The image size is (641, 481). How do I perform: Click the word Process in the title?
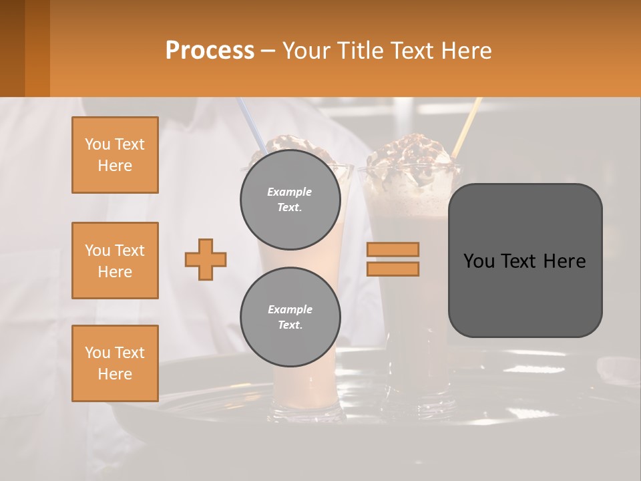pyautogui.click(x=210, y=50)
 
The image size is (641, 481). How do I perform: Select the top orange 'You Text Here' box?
pyautogui.click(x=115, y=155)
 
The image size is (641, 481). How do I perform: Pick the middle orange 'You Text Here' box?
pyautogui.click(x=115, y=261)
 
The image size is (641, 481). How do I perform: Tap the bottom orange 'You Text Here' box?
pyautogui.click(x=115, y=363)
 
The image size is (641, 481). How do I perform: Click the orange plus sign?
pyautogui.click(x=206, y=260)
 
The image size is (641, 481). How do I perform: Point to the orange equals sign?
pyautogui.click(x=393, y=259)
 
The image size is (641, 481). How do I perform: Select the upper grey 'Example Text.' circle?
pyautogui.click(x=290, y=200)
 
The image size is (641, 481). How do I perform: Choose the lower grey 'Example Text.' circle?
pyautogui.click(x=290, y=317)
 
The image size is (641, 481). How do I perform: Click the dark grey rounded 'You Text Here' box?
pyautogui.click(x=525, y=261)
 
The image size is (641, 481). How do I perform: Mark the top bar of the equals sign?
pyautogui.click(x=393, y=250)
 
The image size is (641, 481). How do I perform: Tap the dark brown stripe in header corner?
pyautogui.click(x=12, y=48)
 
